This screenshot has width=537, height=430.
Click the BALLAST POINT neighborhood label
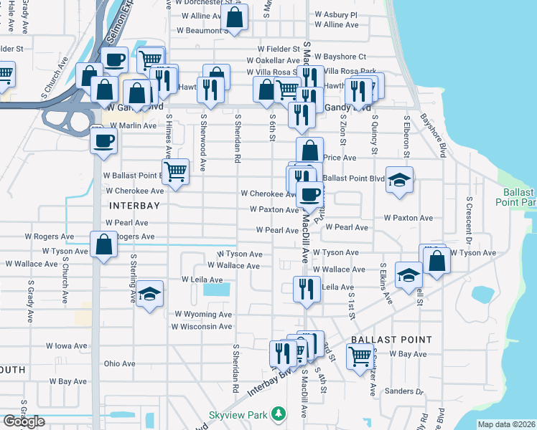tap(391, 340)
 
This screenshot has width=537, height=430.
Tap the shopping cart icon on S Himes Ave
tap(175, 171)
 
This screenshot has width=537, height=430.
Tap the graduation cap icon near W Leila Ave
tap(150, 294)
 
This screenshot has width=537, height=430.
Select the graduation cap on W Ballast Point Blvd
tap(400, 179)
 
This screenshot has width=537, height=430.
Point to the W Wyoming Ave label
tap(203, 314)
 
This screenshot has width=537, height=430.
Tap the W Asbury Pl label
tap(337, 14)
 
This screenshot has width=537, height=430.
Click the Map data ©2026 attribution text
tap(506, 424)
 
